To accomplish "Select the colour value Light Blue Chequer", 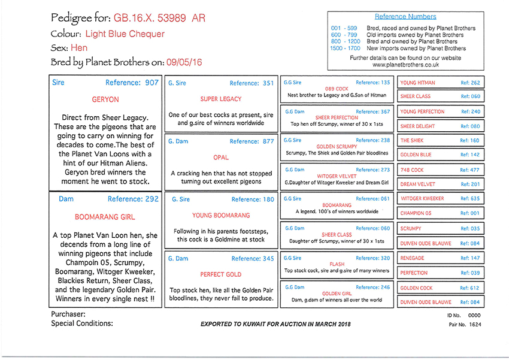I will pyautogui.click(x=125, y=34).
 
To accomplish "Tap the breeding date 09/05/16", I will pyautogui.click(x=186, y=62).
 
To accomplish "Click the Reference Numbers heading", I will pyautogui.click(x=405, y=17).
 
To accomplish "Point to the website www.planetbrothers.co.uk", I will pyautogui.click(x=405, y=65).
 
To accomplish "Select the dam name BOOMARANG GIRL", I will pyautogui.click(x=105, y=217).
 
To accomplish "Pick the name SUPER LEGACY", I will pyautogui.click(x=221, y=99).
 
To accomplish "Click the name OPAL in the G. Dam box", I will pyautogui.click(x=221, y=158).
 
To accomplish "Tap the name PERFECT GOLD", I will pyautogui.click(x=221, y=274).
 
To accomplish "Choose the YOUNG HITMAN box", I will pyautogui.click(x=441, y=83).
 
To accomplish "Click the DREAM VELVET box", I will pyautogui.click(x=441, y=184).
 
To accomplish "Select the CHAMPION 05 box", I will pyautogui.click(x=441, y=213).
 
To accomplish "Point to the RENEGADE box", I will pyautogui.click(x=441, y=258).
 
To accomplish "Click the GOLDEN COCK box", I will pyautogui.click(x=441, y=288).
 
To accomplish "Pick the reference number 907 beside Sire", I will pyautogui.click(x=152, y=83).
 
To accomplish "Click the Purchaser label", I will pyautogui.click(x=68, y=314).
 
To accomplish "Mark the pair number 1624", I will pyautogui.click(x=475, y=325).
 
